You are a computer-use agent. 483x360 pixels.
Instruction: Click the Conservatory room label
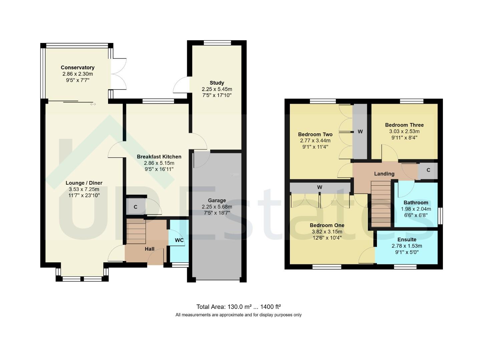(x=77, y=68)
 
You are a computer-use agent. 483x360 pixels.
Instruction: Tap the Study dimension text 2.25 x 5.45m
(x=217, y=89)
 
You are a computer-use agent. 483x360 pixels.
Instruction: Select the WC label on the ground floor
(x=179, y=240)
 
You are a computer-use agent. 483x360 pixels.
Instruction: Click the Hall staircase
(x=136, y=231)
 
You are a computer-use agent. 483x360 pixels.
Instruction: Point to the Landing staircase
(x=381, y=203)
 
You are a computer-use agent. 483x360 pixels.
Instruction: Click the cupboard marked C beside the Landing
(x=428, y=170)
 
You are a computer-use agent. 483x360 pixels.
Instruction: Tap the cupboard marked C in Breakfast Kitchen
(x=135, y=207)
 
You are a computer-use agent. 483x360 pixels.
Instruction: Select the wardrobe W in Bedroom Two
(x=360, y=132)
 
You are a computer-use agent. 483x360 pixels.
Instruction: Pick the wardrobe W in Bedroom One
(x=320, y=187)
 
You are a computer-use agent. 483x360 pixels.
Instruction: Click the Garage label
(x=217, y=200)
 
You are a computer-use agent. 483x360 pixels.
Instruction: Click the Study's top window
(x=217, y=43)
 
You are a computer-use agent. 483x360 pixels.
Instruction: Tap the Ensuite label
(x=407, y=239)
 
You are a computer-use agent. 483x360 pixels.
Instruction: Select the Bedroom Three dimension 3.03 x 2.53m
(x=404, y=131)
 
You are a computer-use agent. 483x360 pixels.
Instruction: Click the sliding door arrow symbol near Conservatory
(x=93, y=104)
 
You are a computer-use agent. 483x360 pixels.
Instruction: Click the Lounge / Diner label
(x=84, y=183)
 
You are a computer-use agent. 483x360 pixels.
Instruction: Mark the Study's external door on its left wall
(x=180, y=85)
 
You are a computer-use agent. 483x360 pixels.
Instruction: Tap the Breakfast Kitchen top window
(x=156, y=101)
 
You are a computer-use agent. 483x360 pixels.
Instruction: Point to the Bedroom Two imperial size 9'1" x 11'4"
(x=315, y=147)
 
